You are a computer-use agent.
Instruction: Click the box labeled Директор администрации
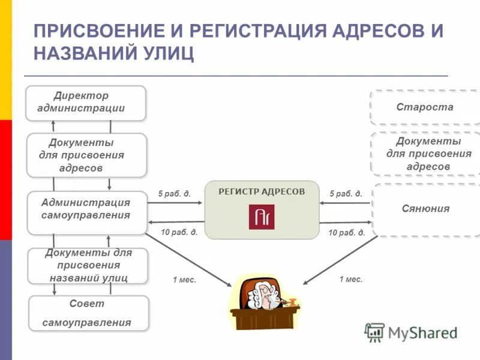coord(85,103)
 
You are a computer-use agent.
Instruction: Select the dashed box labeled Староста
coord(425,107)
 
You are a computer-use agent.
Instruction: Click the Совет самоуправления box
coord(88,313)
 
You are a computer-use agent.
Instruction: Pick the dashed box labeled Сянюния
coord(425,209)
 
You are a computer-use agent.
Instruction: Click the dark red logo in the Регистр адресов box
coord(262,217)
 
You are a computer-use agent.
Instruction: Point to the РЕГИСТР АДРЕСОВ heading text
coord(262,191)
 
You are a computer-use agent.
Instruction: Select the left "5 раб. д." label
coord(175,194)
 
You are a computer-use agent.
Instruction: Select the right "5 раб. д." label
coord(346,194)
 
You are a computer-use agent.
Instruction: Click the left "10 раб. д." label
coord(179,232)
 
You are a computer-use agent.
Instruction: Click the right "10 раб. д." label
coord(347,233)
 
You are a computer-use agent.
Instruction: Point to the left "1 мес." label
coord(184,280)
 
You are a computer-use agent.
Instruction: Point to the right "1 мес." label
coord(351,279)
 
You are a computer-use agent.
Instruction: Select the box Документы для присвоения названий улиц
coord(88,265)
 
